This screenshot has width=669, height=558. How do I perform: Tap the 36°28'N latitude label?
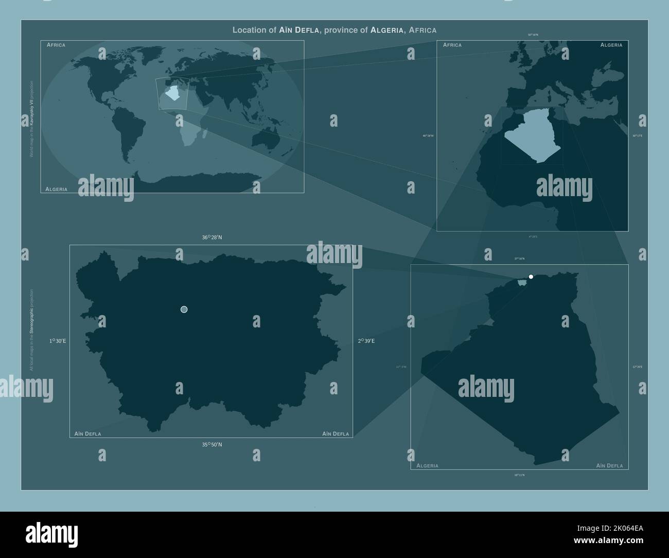point(212,238)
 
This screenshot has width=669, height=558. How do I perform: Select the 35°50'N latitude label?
point(212,445)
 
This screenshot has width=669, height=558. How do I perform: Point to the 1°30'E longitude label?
point(58,341)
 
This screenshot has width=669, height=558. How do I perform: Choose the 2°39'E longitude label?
point(366,341)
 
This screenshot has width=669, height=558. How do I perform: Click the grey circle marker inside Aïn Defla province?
point(184,309)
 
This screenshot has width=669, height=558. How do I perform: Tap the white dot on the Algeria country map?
point(531,277)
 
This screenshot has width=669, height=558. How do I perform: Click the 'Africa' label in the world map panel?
point(56,45)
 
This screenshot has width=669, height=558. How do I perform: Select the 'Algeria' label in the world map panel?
point(57,189)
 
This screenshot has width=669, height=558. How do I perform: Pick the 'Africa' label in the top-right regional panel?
point(452,45)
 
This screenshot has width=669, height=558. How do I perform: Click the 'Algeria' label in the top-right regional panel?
point(611,45)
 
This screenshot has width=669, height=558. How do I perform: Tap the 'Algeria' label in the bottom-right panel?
point(428,466)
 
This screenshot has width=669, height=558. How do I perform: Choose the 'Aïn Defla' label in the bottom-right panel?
point(609,466)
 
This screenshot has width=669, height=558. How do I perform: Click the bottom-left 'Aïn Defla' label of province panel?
point(88,434)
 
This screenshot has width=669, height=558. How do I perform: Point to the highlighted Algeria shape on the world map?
point(172,94)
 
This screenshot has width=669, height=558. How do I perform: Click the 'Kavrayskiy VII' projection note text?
point(31,118)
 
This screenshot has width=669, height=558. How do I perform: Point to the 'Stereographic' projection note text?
point(31,329)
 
